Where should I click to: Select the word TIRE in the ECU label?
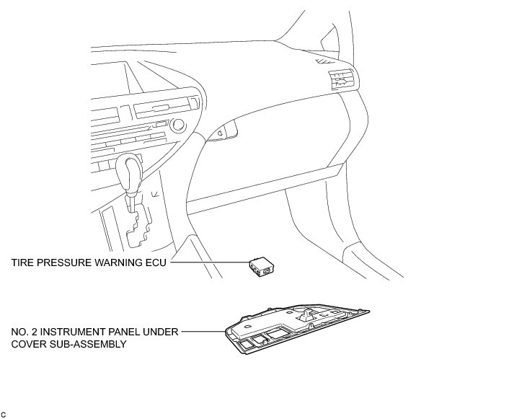22,264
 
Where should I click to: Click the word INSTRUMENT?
79,333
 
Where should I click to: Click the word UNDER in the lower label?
161,333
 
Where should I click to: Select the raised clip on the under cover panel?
306,314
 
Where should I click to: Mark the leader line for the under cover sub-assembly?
202,333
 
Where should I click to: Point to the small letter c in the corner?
4,414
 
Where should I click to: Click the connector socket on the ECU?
268,270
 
